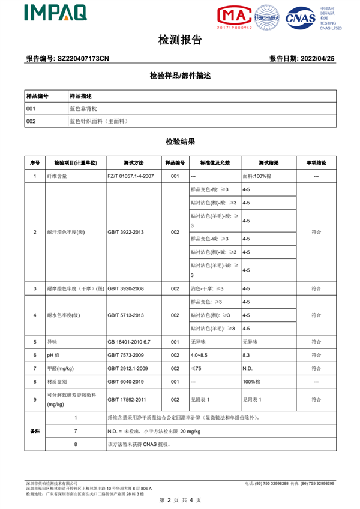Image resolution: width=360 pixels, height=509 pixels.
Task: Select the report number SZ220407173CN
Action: point(83,59)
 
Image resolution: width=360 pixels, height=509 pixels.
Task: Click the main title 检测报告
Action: point(179,40)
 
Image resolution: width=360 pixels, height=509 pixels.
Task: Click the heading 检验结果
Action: point(179,142)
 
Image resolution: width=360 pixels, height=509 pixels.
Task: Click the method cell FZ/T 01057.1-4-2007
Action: point(131,176)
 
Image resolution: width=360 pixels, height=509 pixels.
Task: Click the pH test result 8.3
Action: point(246,355)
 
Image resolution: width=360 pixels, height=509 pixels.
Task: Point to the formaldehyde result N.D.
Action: point(248,368)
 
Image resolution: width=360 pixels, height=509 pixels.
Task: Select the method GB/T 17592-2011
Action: point(128,399)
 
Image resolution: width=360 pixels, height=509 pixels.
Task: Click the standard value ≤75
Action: point(196,368)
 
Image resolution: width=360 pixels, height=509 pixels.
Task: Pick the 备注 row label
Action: point(35,431)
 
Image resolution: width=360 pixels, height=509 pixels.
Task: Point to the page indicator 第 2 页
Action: point(165,499)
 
